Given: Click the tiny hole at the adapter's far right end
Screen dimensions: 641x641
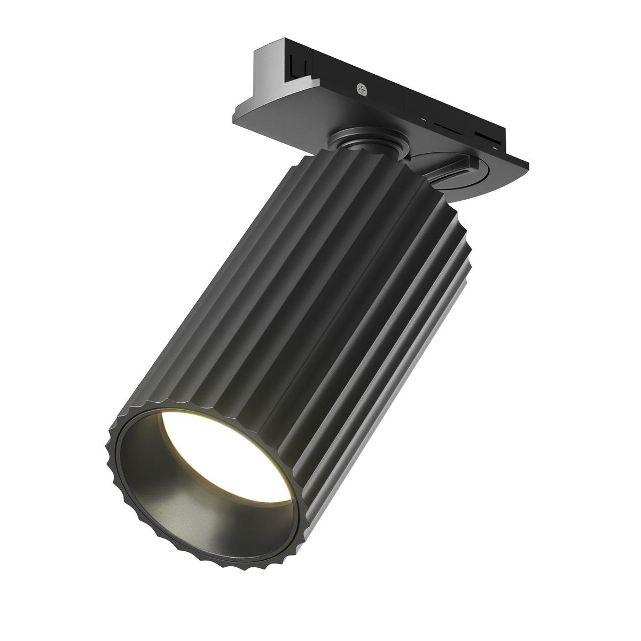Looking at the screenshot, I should [x=507, y=145].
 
